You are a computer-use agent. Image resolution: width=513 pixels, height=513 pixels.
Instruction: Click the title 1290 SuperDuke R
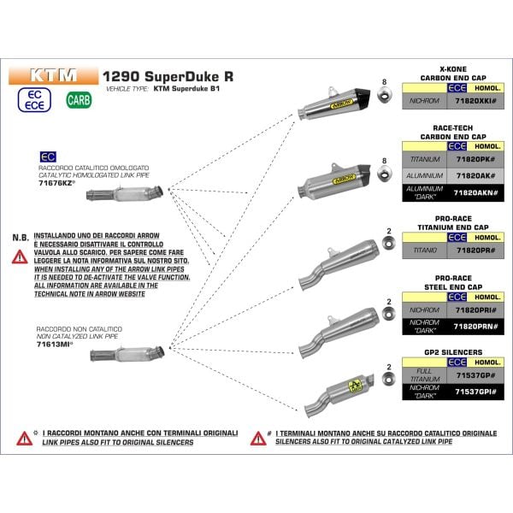coord(168,75)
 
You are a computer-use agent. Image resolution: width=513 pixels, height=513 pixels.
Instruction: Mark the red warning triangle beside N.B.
coord(19,254)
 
